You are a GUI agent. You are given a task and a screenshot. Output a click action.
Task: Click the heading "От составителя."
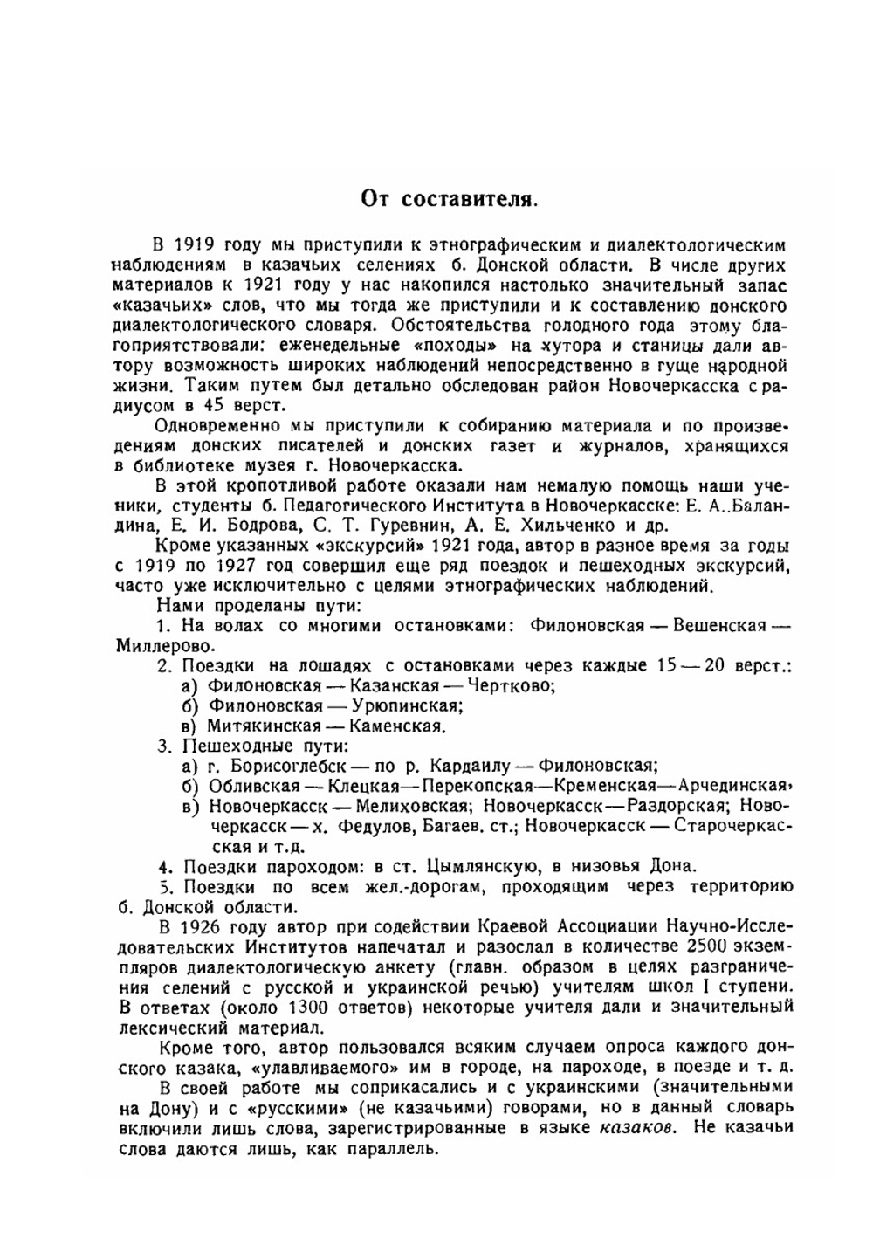[449, 198]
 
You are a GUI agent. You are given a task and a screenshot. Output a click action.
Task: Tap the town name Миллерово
[164, 646]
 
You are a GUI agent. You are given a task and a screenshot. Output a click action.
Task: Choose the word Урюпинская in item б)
[405, 705]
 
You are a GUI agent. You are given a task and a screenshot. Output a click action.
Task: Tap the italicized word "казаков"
[637, 1127]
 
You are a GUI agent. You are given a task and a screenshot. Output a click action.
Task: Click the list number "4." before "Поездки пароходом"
[164, 866]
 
